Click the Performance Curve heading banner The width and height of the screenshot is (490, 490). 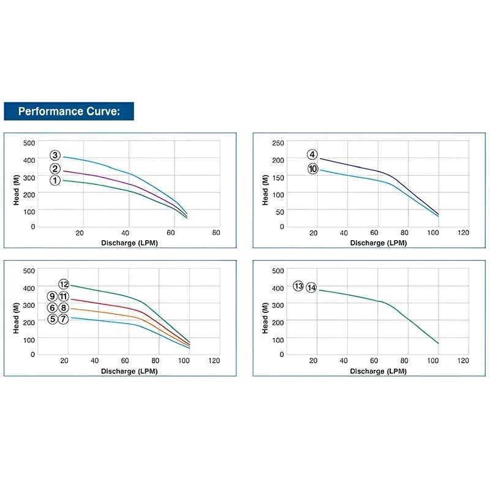pyautogui.click(x=68, y=111)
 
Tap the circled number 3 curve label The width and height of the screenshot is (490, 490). pyautogui.click(x=55, y=156)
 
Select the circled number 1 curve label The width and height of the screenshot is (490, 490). pyautogui.click(x=55, y=180)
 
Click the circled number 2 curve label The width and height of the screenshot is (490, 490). pyautogui.click(x=55, y=169)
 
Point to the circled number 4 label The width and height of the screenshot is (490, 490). pyautogui.click(x=312, y=154)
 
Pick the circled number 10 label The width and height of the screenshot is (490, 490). pyautogui.click(x=313, y=169)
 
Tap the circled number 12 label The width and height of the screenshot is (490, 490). pyautogui.click(x=64, y=284)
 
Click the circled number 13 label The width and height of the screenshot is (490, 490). pyautogui.click(x=298, y=286)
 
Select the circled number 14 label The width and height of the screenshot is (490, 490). pyautogui.click(x=311, y=287)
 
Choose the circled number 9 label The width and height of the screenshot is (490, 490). pyautogui.click(x=53, y=296)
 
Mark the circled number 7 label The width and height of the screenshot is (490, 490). pyautogui.click(x=64, y=319)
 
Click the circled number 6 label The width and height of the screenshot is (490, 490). pyautogui.click(x=53, y=307)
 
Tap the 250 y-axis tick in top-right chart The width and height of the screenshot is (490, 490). pyautogui.click(x=278, y=143)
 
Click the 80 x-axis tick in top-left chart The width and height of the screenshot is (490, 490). pyautogui.click(x=216, y=233)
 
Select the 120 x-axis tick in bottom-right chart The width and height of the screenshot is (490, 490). pyautogui.click(x=463, y=361)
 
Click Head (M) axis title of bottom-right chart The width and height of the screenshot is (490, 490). pyautogui.click(x=265, y=312)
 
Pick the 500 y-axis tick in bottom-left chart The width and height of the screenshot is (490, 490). pyautogui.click(x=29, y=270)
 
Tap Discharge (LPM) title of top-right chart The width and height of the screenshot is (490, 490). pyautogui.click(x=377, y=243)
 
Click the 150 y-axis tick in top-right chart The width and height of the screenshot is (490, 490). pyautogui.click(x=278, y=176)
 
